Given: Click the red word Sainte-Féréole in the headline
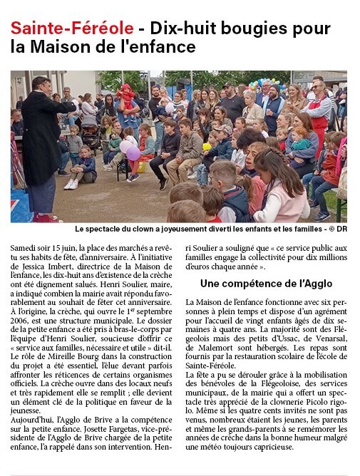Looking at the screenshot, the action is [71, 29].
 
